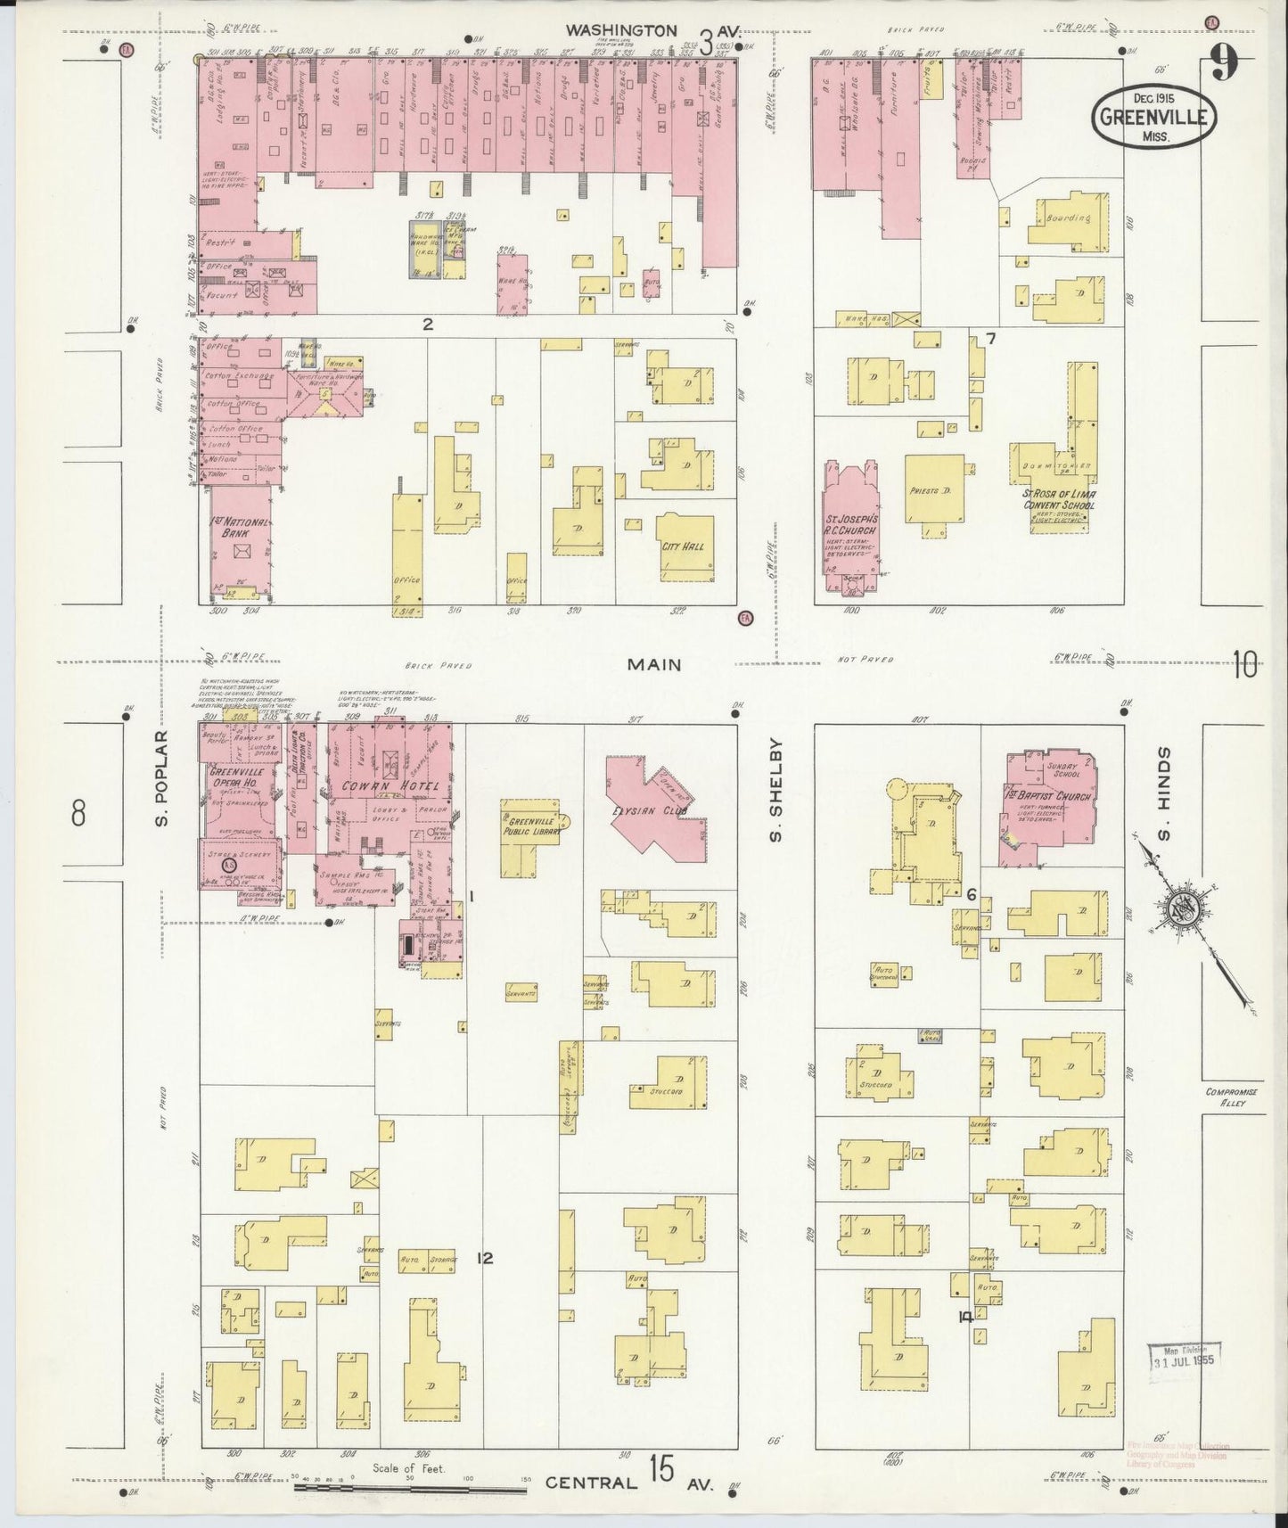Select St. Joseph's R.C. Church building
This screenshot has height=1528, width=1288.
click(849, 526)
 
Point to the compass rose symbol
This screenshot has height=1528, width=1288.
click(1185, 909)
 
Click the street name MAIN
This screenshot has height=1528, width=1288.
click(653, 664)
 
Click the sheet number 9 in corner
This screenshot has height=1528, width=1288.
click(1226, 64)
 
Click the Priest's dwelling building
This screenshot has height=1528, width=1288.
click(934, 489)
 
